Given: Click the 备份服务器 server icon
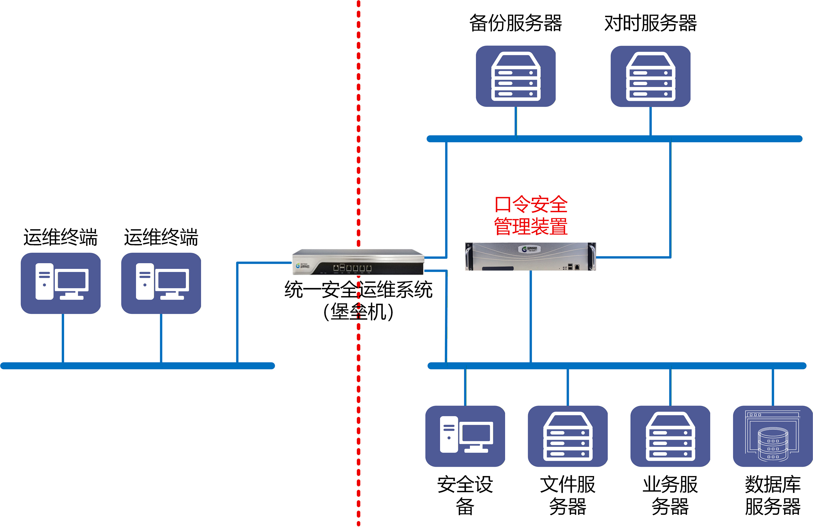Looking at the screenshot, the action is [x=516, y=76].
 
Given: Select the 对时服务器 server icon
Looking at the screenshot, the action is [x=650, y=76].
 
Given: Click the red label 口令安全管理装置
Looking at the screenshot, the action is [x=531, y=215].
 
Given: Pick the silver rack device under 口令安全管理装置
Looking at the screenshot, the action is [x=531, y=256].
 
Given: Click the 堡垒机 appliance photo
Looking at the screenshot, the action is [x=358, y=262].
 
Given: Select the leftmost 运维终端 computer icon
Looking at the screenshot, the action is [x=61, y=283].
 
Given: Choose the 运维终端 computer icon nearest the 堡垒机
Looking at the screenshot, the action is [x=161, y=283].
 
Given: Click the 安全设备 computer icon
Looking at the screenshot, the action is [x=465, y=436].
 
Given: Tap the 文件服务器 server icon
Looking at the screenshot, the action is [x=568, y=436].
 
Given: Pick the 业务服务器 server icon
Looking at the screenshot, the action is [x=670, y=436].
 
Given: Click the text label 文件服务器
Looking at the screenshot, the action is [x=568, y=495].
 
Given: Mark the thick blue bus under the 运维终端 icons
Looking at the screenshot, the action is [x=138, y=366].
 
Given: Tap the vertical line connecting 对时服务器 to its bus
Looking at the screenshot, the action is [x=650, y=121].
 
